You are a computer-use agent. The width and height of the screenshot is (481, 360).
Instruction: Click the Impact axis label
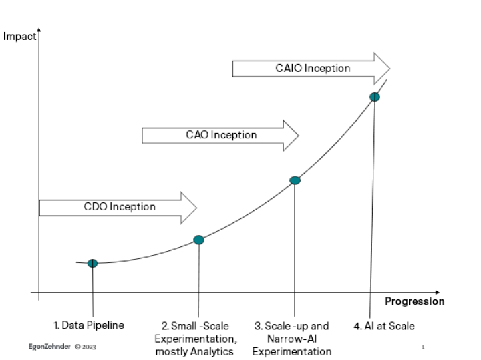19,37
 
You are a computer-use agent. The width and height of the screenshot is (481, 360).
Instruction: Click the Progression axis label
415,301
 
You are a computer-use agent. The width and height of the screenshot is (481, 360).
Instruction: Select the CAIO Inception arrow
311,69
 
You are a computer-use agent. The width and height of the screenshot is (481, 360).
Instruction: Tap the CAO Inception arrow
220,135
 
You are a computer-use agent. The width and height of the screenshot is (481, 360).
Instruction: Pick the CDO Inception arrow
118,208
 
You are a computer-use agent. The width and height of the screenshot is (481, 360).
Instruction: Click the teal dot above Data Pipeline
93,263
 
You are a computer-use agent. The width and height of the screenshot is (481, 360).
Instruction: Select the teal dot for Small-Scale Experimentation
199,240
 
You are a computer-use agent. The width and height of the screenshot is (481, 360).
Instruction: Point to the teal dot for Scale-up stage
295,180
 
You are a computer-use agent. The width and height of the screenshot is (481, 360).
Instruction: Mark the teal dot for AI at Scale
375,97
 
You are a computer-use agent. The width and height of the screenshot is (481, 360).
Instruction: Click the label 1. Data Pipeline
89,325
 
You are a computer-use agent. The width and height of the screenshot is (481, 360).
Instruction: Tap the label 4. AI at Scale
384,326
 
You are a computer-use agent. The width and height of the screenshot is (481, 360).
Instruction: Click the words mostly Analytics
194,351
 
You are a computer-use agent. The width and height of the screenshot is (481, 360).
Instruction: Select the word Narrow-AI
292,339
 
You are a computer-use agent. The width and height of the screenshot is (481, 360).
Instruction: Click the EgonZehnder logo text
49,347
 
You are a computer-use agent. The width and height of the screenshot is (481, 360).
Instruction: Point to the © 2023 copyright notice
86,347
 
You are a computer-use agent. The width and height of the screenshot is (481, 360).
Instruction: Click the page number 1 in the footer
423,347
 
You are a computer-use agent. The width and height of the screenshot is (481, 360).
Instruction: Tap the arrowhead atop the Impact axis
39,30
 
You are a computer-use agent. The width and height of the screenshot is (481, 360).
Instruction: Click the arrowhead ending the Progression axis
438,293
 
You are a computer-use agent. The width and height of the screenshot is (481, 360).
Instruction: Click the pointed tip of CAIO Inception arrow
390,69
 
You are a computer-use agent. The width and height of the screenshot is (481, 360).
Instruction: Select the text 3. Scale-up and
291,326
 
